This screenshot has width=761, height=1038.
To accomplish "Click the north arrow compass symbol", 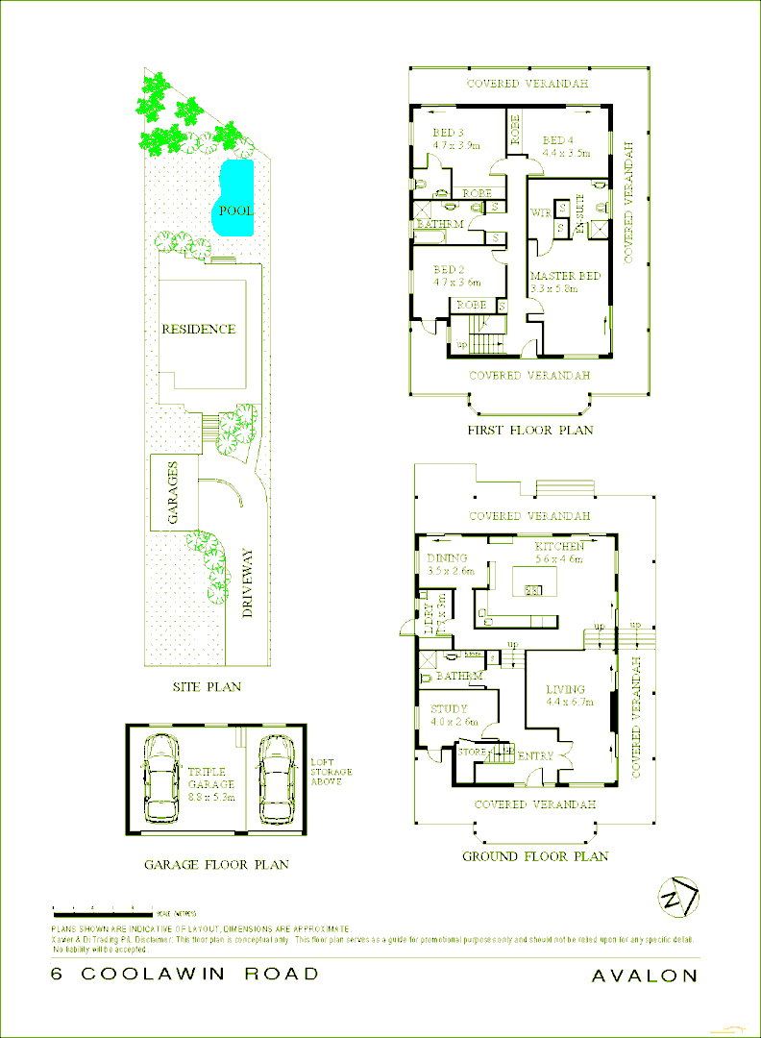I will pyautogui.click(x=678, y=898).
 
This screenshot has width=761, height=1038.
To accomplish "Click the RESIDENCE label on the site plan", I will pyautogui.click(x=198, y=329).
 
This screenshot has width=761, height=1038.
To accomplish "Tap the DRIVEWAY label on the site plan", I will pyautogui.click(x=247, y=583).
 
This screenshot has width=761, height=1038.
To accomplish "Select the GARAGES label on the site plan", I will pyautogui.click(x=174, y=492).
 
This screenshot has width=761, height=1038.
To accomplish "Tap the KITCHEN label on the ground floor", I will pyautogui.click(x=560, y=546).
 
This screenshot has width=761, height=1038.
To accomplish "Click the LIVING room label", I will pyautogui.click(x=566, y=689).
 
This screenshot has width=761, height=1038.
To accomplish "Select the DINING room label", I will pyautogui.click(x=448, y=558).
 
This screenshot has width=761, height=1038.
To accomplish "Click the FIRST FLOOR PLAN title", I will pyautogui.click(x=529, y=430).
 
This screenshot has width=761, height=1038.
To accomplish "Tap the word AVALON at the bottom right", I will pyautogui.click(x=645, y=975).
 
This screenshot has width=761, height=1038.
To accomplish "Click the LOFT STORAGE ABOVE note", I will pyautogui.click(x=331, y=772).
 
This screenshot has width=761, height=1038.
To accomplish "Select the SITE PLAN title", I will pyautogui.click(x=207, y=686).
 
